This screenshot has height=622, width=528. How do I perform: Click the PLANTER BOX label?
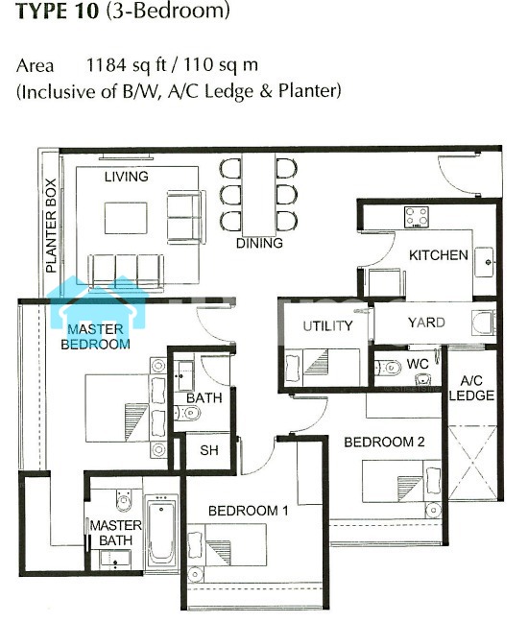click(51, 226)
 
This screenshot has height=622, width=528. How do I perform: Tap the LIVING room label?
click(126, 177)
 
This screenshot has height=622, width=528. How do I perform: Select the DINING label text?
click(259, 243)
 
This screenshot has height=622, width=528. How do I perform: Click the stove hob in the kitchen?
click(416, 217)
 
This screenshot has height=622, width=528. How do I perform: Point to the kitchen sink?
click(485, 262)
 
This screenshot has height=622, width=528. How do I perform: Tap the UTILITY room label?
click(327, 325)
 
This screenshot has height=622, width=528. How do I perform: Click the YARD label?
click(426, 323)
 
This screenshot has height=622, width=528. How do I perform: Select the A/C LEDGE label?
click(471, 388)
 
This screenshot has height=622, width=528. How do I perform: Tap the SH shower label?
click(208, 450)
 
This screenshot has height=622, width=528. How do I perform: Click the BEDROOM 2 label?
click(384, 442)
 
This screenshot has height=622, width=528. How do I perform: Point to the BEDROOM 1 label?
click(249, 511)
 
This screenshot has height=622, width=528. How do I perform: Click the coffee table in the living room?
click(126, 218)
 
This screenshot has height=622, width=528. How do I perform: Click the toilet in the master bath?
click(124, 500)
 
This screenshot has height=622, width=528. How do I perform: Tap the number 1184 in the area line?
click(107, 64)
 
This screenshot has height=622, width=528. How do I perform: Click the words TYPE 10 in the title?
click(58, 12)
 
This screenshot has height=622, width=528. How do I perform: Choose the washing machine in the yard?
click(484, 323)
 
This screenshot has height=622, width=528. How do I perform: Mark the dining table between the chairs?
click(258, 195)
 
